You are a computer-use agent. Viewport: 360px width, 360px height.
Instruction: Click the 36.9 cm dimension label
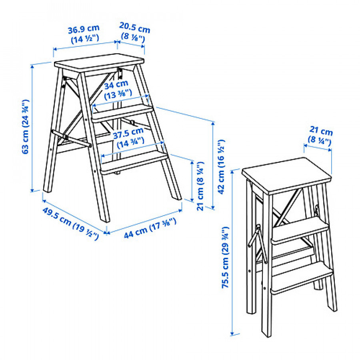[x=84, y=34]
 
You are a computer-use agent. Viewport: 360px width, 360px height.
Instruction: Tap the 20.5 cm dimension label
[x=134, y=32]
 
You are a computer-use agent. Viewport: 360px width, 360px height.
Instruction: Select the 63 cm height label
[x=25, y=126]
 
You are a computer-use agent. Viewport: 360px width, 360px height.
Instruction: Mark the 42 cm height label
[x=221, y=167]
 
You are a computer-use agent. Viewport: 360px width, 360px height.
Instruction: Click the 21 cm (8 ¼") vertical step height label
[x=200, y=186]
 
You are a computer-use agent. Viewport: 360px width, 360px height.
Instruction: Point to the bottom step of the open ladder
[x=134, y=164]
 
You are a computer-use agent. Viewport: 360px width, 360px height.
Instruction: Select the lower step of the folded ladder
[x=302, y=278]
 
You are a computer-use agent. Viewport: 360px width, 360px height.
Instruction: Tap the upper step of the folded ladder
[x=300, y=230]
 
